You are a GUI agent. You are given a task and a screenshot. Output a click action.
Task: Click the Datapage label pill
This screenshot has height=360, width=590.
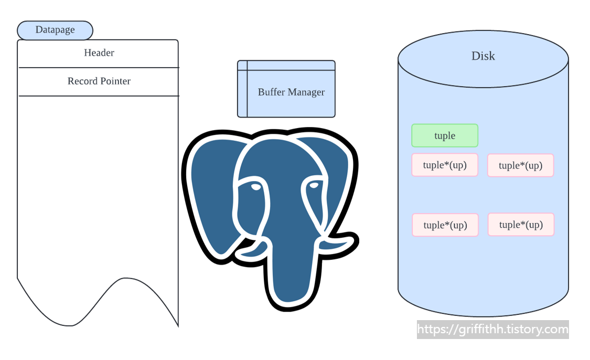pos(55,30)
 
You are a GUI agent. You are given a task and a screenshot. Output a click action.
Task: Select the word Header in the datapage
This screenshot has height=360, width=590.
pos(99,53)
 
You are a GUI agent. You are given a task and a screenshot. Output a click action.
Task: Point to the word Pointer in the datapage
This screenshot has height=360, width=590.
pos(115,81)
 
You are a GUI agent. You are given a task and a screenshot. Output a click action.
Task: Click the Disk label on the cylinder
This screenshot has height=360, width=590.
pos(483,56)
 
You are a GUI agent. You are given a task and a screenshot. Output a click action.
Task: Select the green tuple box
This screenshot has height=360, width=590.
pos(445,135)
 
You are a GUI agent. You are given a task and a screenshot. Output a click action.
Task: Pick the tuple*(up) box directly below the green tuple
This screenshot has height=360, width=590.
pos(445,165)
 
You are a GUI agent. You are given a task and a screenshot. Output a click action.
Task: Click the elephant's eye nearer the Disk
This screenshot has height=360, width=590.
pos(314,185)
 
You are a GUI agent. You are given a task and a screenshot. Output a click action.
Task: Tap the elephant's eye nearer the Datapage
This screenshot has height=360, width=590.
pos(255,186)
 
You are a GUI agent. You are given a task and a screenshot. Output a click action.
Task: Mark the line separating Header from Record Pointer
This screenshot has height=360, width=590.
pos(99,68)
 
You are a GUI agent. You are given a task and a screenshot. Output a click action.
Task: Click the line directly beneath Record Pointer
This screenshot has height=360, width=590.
pos(99,96)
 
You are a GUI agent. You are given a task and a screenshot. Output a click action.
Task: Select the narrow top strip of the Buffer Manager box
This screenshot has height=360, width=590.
pos(286,65)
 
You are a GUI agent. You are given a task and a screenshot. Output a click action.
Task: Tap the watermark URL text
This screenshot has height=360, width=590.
pos(493,330)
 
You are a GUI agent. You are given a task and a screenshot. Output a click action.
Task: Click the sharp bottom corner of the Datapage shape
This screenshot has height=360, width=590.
pos(178,326)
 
